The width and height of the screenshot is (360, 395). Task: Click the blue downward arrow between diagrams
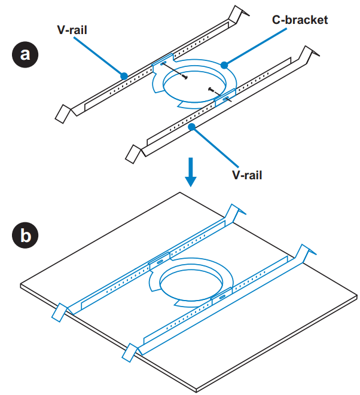190,172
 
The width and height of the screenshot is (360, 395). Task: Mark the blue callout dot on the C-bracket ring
224,64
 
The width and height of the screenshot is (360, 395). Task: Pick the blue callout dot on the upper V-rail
124,76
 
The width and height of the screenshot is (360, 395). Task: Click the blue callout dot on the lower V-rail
191,127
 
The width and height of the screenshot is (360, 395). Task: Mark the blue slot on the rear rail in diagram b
160,261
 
